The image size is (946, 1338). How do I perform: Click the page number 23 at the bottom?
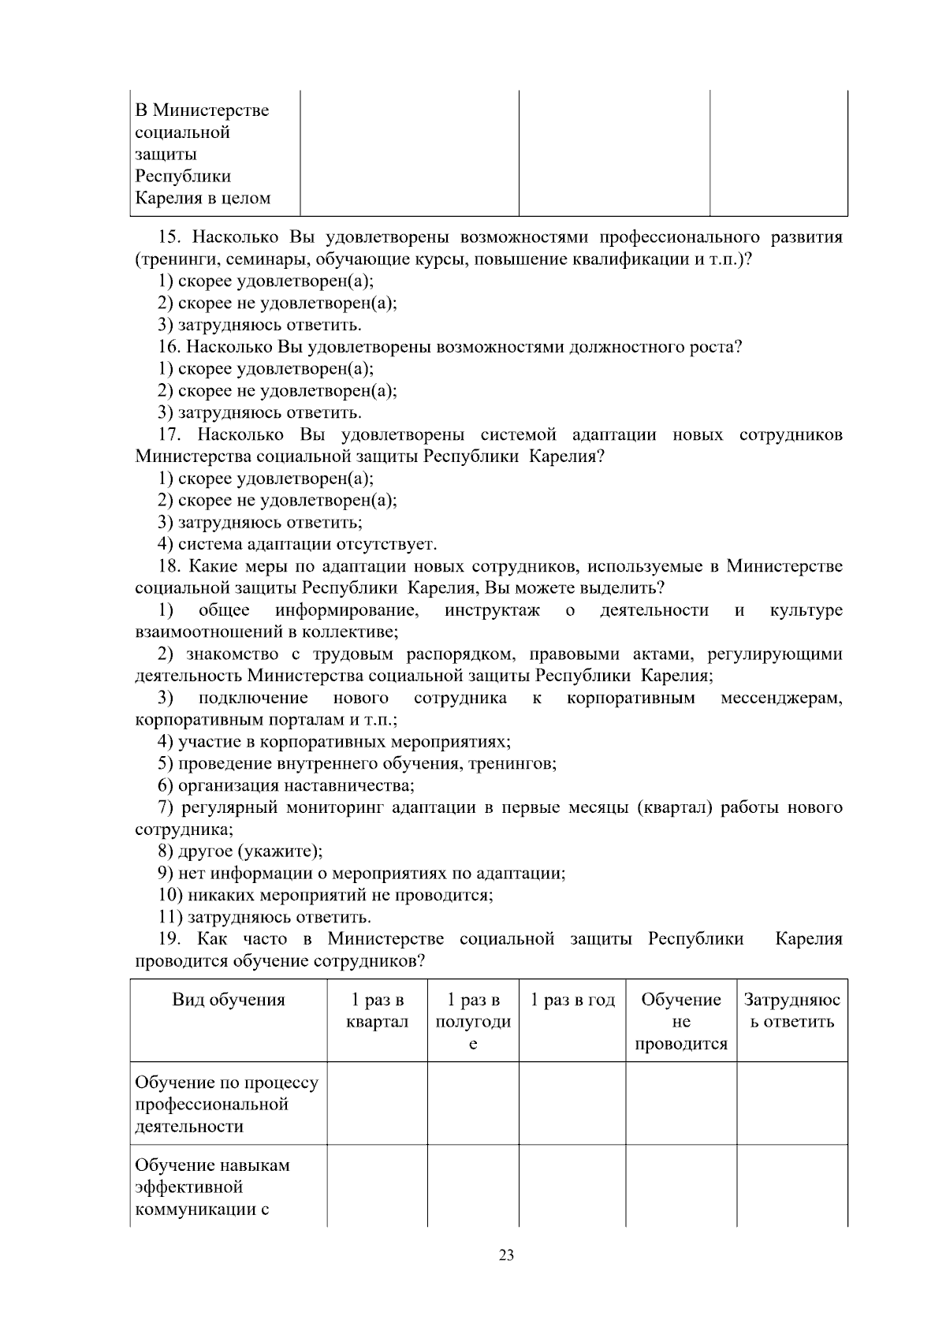(x=506, y=1255)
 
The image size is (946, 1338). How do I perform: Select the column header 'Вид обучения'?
(x=229, y=1001)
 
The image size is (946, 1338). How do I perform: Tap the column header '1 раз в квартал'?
(x=378, y=1012)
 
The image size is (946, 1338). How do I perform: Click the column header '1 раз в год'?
(x=572, y=1001)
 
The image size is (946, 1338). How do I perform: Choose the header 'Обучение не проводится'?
(x=681, y=1022)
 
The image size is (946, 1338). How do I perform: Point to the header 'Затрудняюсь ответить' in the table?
(x=792, y=1012)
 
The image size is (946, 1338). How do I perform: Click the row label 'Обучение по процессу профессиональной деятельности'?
(x=227, y=1104)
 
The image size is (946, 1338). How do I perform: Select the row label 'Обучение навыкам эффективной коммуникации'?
(x=213, y=1187)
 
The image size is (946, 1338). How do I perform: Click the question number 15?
(x=171, y=237)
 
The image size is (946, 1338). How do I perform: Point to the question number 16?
(x=169, y=347)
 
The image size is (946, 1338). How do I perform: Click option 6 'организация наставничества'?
(x=287, y=786)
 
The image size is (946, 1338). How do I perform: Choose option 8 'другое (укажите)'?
(x=241, y=852)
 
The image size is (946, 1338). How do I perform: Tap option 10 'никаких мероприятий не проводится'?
(x=326, y=896)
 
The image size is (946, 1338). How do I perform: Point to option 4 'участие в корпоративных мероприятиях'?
(x=335, y=742)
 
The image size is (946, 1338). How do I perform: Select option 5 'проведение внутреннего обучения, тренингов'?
(x=358, y=764)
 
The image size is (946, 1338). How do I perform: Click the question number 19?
(x=169, y=940)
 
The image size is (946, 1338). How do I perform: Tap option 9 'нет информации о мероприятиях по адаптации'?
(x=362, y=874)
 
